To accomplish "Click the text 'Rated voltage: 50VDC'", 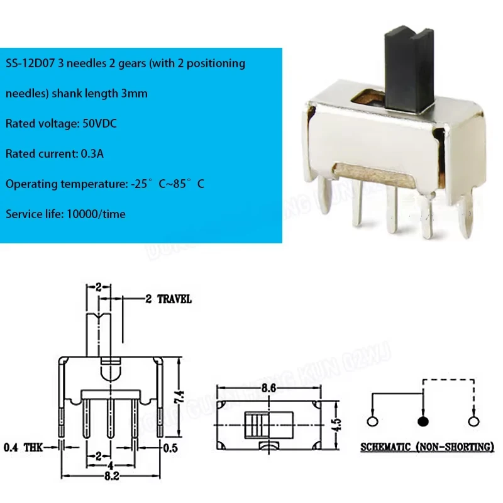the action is pyautogui.click(x=61, y=124).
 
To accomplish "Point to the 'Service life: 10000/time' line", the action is pyautogui.click(x=65, y=214).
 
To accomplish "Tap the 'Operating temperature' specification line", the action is pyautogui.click(x=105, y=184).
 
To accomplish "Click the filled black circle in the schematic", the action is pyautogui.click(x=422, y=421).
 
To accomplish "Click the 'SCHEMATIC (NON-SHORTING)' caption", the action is pyautogui.click(x=427, y=448).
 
